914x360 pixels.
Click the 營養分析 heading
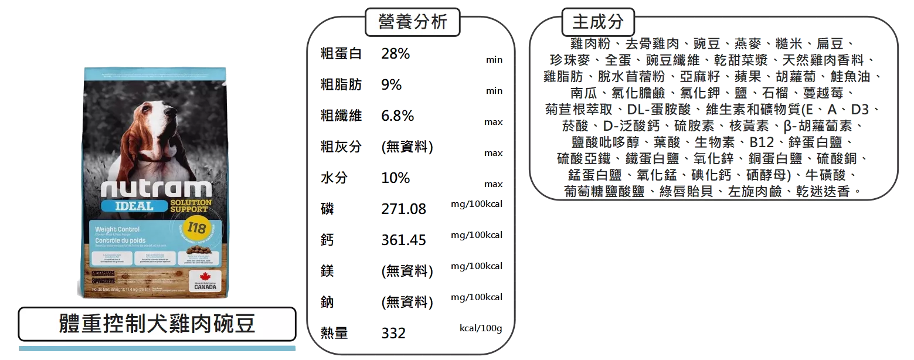[x=412, y=22]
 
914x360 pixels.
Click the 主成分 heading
[x=598, y=22]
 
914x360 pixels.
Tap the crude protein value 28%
[x=396, y=54]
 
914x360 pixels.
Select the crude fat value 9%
[x=391, y=85]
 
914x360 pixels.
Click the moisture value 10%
[x=395, y=178]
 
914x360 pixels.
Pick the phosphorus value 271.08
[x=403, y=209]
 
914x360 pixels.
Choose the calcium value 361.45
[x=403, y=240]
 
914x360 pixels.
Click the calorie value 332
[x=393, y=334]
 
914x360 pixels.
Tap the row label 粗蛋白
[x=340, y=54]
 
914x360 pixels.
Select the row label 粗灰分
[x=340, y=147]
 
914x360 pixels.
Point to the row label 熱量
[x=334, y=334]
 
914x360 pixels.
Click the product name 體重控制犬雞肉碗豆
[x=157, y=323]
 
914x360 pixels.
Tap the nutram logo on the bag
[x=155, y=189]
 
